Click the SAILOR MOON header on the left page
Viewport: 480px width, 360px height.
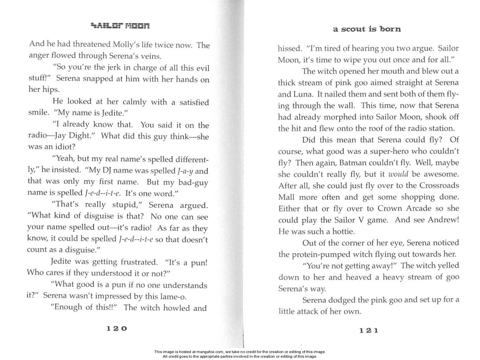coord(120,25)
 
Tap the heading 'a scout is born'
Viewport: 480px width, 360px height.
coord(367,29)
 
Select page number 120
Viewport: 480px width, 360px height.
coord(117,328)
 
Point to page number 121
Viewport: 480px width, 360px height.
coord(369,330)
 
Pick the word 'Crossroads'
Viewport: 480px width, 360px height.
coord(439,185)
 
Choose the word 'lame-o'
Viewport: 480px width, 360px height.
coord(173,296)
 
